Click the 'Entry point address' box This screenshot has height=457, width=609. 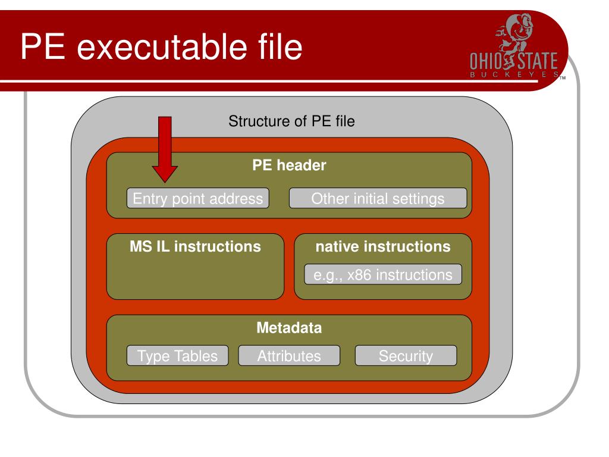pos(197,198)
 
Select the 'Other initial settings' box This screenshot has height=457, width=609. pos(378,198)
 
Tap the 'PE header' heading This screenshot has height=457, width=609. pos(289,166)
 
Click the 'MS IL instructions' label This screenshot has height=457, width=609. pos(195,246)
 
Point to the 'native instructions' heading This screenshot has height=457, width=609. pos(382,246)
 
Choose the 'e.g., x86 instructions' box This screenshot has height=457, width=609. pos(382,275)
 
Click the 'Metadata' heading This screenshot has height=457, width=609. pos(289,328)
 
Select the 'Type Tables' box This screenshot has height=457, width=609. pos(177,356)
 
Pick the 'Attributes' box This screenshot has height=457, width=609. pos(289,356)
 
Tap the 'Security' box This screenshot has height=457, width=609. pos(406,356)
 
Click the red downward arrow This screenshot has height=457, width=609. pos(164,149)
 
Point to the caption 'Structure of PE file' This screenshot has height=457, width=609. pos(291,123)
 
